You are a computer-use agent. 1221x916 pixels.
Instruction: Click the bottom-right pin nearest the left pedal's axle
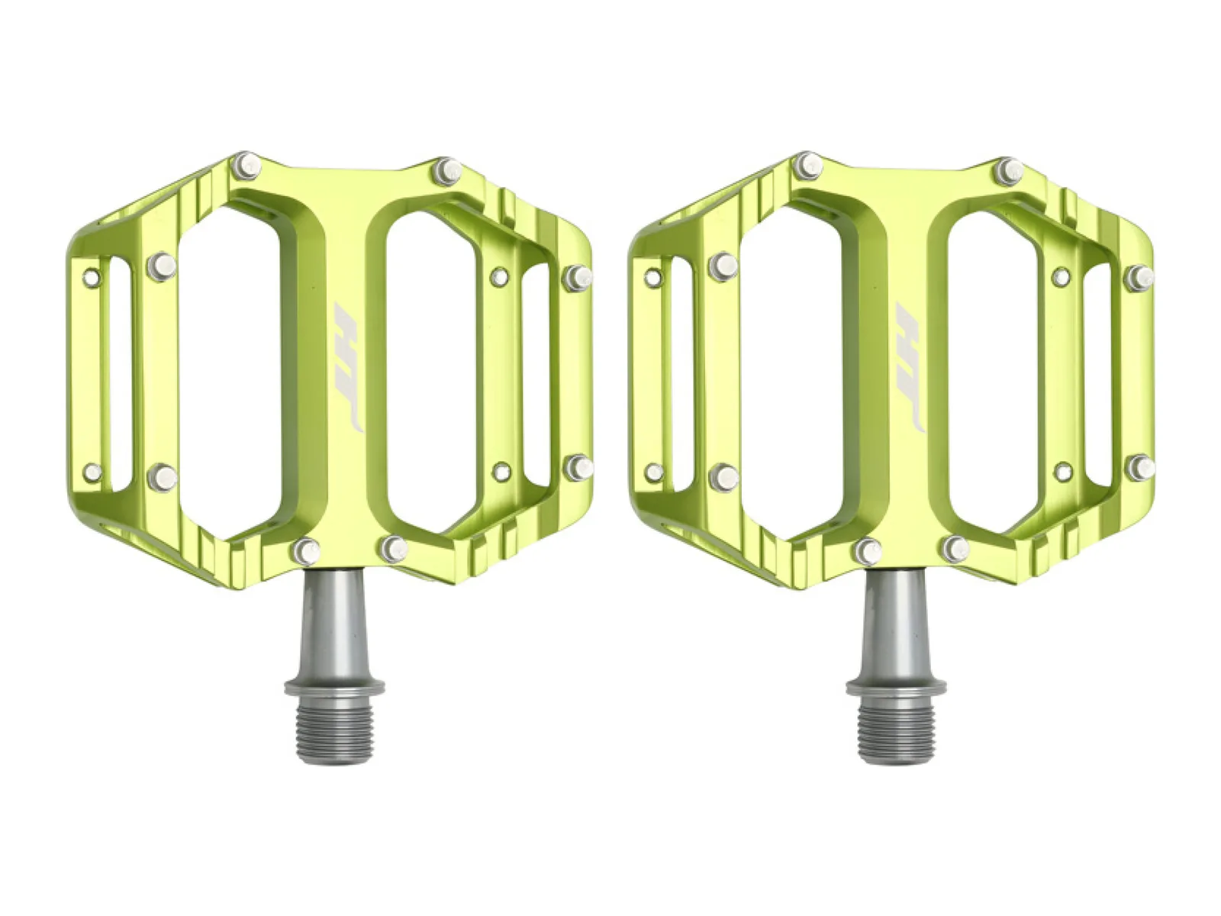click(x=393, y=549)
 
